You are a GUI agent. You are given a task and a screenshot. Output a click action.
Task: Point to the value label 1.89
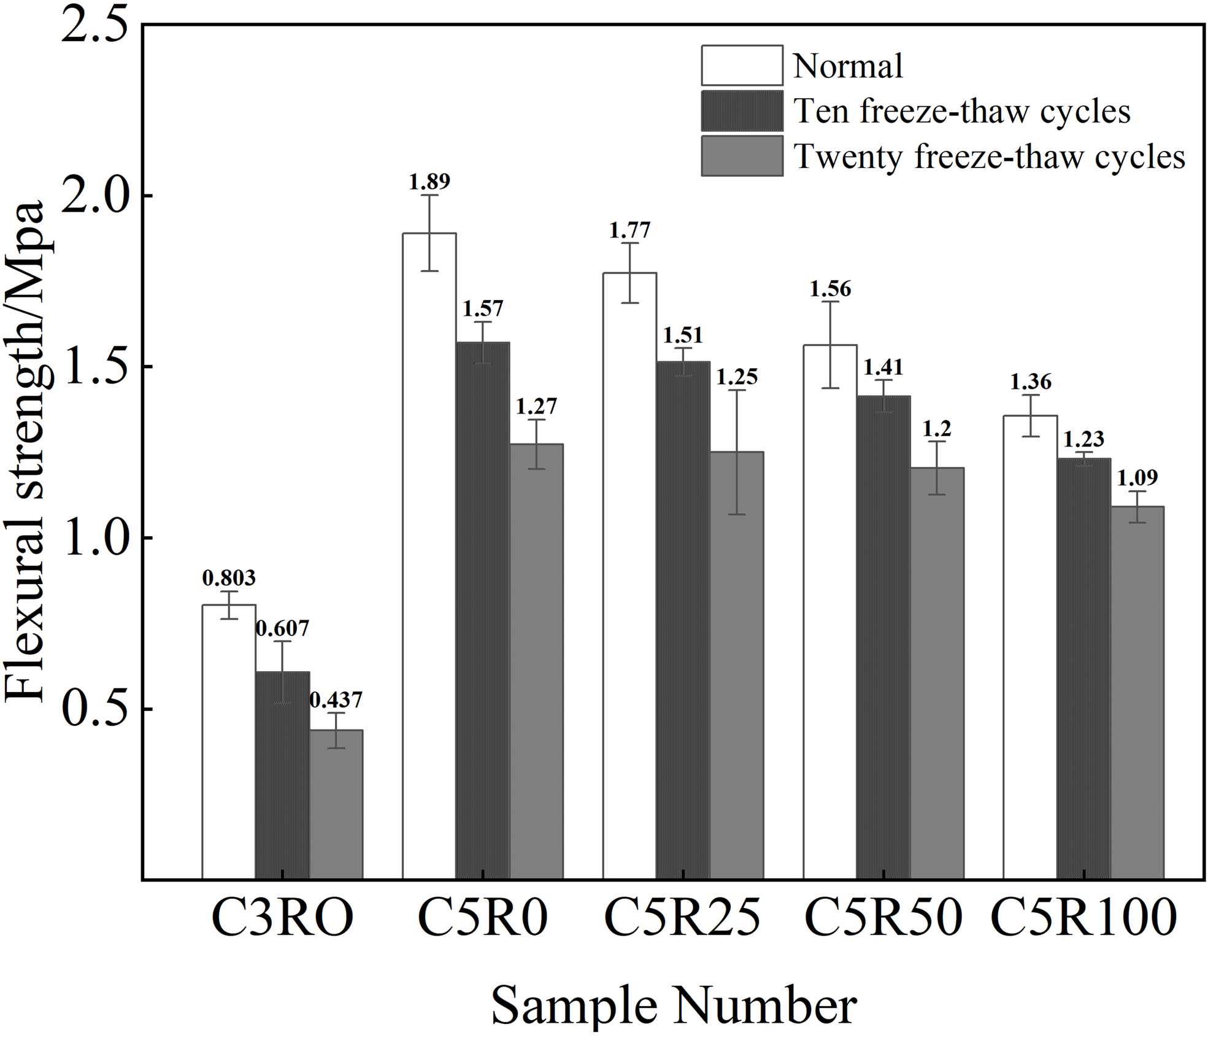[429, 182]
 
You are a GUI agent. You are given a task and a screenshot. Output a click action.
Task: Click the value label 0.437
[336, 700]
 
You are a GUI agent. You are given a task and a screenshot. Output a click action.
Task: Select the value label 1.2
[937, 428]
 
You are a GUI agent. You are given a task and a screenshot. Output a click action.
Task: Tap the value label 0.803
[229, 578]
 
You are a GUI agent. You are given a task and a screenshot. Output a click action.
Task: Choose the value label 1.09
[1137, 477]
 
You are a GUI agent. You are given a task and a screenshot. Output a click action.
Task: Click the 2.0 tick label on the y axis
[97, 195]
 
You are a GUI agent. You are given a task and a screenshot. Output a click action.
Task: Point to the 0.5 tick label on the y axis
[97, 709]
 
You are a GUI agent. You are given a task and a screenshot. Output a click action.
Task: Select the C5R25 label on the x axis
[682, 918]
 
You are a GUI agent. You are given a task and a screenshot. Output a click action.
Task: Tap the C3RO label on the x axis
[282, 918]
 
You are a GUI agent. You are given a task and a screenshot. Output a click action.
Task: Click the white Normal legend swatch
[742, 66]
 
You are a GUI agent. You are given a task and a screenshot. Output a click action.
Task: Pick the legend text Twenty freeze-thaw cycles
[989, 156]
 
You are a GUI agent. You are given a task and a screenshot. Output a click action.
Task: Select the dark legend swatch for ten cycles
[742, 111]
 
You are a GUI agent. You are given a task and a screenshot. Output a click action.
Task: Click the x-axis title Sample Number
[674, 1005]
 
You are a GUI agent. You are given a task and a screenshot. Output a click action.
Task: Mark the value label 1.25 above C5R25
[737, 377]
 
